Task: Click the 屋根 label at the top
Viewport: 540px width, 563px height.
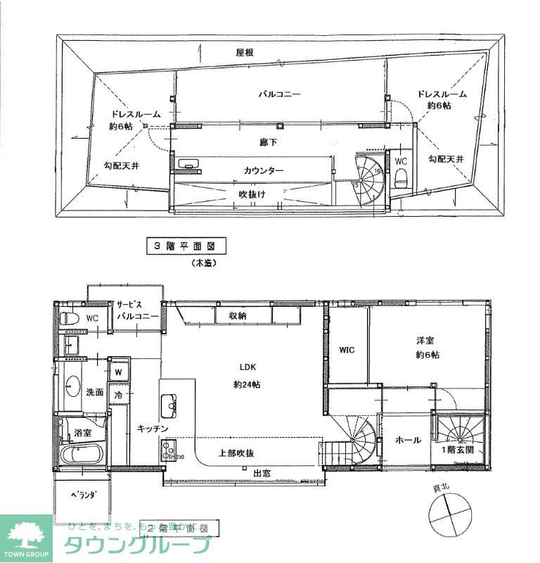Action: coord(244,53)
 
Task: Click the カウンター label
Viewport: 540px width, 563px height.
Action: coord(264,171)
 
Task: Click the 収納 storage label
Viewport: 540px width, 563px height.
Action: coord(237,316)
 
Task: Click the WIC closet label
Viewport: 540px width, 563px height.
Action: coord(347,350)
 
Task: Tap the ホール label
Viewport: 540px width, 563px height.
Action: coord(408,440)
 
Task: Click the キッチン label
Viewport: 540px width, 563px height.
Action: coord(151,428)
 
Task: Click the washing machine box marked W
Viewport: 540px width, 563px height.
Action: coord(118,371)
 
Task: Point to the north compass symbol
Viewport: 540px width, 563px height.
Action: coord(450,512)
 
